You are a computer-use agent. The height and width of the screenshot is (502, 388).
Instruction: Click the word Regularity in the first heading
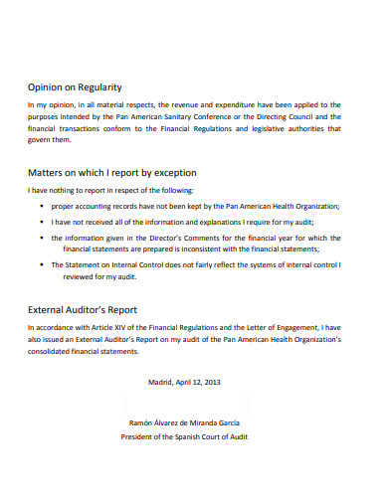123,86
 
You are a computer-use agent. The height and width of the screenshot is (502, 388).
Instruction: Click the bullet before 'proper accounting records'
41,206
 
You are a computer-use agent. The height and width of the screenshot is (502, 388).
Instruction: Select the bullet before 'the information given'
41,239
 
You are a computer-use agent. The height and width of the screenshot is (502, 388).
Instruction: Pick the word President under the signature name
139,435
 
